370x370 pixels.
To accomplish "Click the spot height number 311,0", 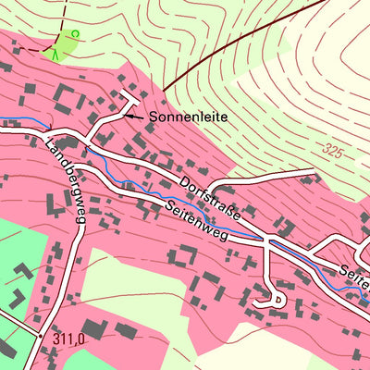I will click(x=68, y=339).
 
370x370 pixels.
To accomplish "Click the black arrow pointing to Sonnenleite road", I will click(x=134, y=117).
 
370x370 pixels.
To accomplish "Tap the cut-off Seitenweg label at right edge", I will click(x=353, y=273).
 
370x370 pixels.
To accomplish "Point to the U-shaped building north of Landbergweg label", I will click(x=66, y=95).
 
